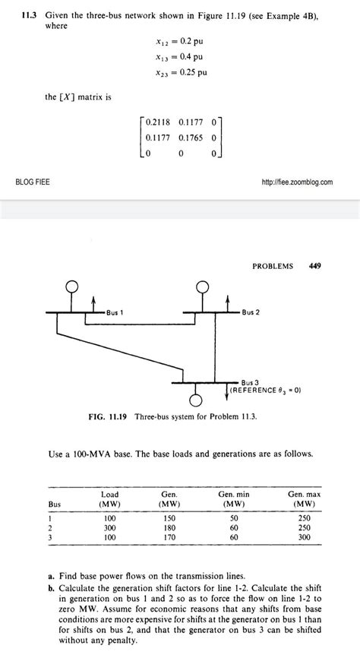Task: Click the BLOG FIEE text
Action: [33, 182]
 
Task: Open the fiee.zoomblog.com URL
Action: [296, 182]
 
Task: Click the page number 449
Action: [315, 267]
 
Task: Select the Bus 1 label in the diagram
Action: [115, 312]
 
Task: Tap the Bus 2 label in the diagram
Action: [252, 312]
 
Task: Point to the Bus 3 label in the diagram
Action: [251, 382]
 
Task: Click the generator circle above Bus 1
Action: [72, 286]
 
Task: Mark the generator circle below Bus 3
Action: [197, 400]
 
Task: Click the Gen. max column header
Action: [302, 498]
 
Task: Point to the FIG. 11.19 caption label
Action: [109, 417]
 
